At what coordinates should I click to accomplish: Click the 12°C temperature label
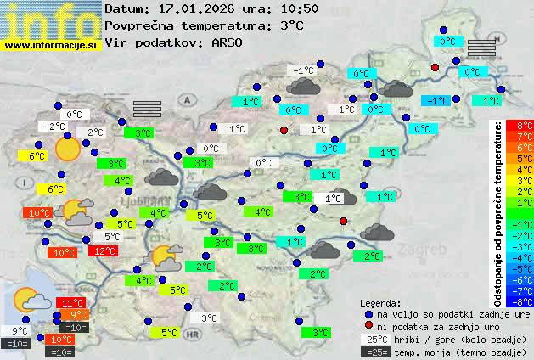(x=104, y=251)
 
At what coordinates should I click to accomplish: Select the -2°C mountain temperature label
(x=55, y=127)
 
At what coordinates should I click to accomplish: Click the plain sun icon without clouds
(x=66, y=150)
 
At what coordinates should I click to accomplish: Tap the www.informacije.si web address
(x=51, y=44)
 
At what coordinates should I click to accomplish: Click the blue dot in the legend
(x=368, y=313)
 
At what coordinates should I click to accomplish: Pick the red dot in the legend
(x=368, y=326)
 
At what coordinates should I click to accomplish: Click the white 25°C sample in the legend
(x=375, y=339)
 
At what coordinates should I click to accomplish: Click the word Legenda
(x=379, y=302)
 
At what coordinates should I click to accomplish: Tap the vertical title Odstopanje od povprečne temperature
(x=498, y=212)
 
